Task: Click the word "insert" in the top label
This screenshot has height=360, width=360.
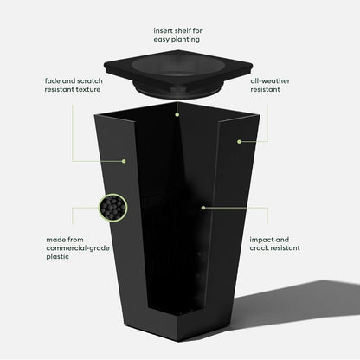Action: (164, 30)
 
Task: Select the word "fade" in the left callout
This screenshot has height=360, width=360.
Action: (53, 80)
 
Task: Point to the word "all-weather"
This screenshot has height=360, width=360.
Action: (270, 80)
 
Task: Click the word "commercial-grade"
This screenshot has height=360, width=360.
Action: (78, 248)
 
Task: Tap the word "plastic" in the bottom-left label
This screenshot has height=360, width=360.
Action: (58, 256)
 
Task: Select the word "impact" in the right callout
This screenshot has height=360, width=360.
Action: (261, 240)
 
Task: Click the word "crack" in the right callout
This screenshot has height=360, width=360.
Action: (258, 248)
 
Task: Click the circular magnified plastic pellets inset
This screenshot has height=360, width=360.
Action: (113, 208)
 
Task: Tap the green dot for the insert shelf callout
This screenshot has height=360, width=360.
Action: (177, 115)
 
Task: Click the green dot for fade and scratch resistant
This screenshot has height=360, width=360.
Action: (124, 161)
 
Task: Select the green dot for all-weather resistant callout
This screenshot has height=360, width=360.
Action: (239, 142)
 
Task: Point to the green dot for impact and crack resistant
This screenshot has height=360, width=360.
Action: (203, 208)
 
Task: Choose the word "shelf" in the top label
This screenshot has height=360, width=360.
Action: (183, 30)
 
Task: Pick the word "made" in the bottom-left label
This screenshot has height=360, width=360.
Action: (55, 240)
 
